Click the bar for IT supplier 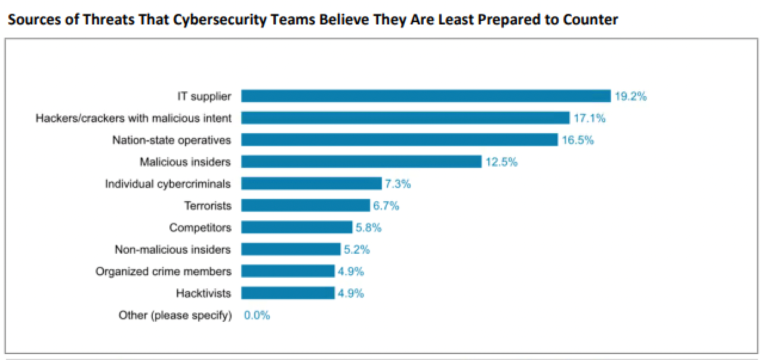[426, 96]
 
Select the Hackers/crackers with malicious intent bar [405, 118]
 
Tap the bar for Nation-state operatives [399, 140]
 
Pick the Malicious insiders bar [361, 162]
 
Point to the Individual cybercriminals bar [311, 183]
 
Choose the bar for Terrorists [305, 205]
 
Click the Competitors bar [297, 227]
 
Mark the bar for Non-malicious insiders [291, 249]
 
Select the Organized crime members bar [288, 271]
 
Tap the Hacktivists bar [288, 293]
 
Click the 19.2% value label [630, 96]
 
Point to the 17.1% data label [589, 118]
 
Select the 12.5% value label [501, 162]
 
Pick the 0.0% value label [257, 315]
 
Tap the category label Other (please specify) [175, 315]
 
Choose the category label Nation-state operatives [172, 140]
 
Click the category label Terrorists [208, 205]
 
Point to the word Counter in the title [593, 20]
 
